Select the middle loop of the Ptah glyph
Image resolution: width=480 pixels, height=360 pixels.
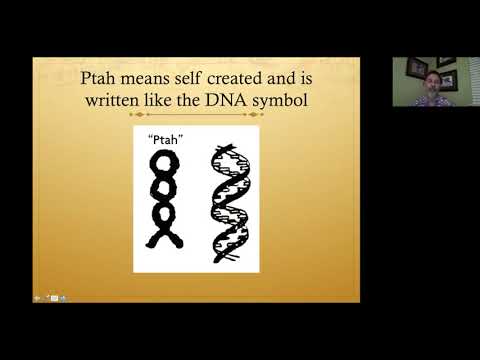click(163, 192)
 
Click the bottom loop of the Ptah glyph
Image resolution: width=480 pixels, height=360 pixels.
click(163, 217)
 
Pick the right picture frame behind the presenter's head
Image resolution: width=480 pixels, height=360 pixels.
click(449, 78)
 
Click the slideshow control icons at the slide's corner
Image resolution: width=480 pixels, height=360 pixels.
click(50, 297)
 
